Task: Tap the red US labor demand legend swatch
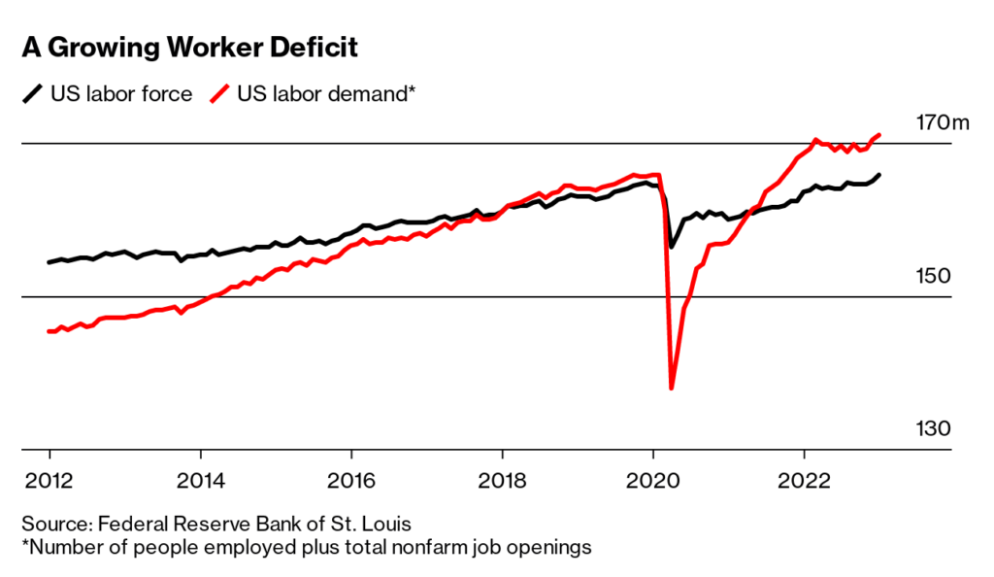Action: pos(221,94)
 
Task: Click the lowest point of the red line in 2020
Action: pos(672,389)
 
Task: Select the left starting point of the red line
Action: pos(49,331)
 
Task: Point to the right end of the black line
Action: pos(879,175)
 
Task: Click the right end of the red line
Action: pos(879,135)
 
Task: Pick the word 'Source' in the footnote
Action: pos(50,525)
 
